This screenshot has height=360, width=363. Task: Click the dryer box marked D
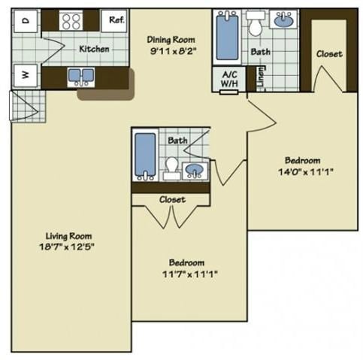pos(25,22)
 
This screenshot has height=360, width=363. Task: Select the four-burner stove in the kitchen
pos(71,21)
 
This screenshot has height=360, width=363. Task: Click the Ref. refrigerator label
pos(116,20)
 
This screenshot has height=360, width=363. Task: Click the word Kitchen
pos(94,49)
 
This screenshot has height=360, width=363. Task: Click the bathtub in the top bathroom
pos(226,38)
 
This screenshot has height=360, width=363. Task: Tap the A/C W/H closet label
pos(228,78)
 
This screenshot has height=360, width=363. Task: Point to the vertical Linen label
pos(261,78)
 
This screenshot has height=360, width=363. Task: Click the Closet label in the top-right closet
pos(329,54)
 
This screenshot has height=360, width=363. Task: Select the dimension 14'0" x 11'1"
pos(303,171)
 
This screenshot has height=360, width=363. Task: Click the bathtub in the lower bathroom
pos(144,155)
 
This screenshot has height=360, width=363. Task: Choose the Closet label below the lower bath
pos(172,200)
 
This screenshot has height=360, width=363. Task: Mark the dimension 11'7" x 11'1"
pos(186,274)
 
